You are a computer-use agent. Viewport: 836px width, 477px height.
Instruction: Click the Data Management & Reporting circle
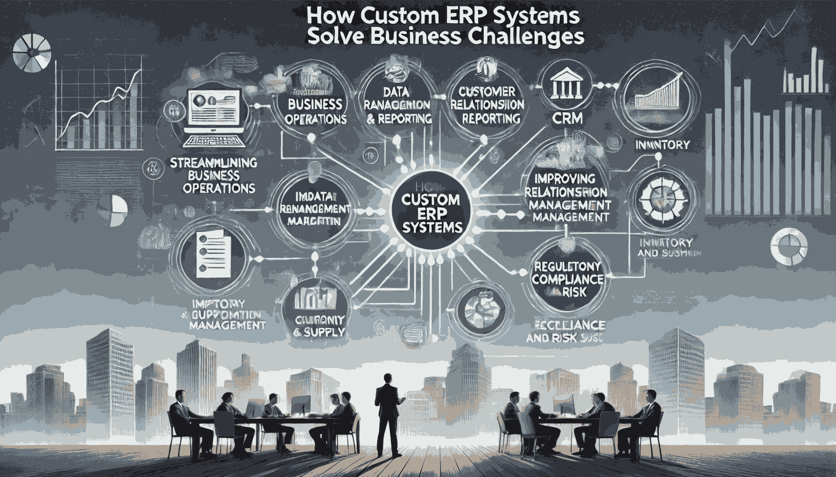pyautogui.click(x=398, y=106)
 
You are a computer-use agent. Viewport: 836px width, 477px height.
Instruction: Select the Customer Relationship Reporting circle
pyautogui.click(x=486, y=104)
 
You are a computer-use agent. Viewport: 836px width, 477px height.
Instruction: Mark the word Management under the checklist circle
pyautogui.click(x=228, y=324)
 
